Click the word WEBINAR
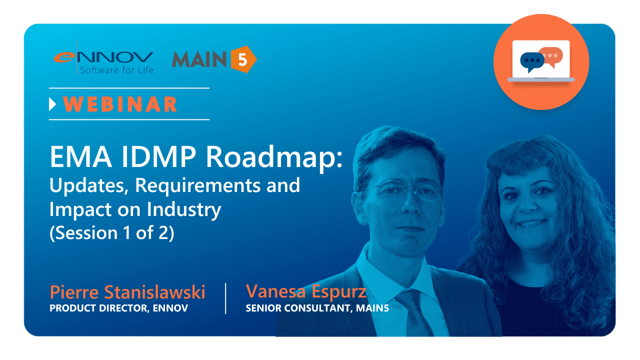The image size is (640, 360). pos(120,104)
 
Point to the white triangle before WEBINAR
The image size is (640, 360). pos(52,104)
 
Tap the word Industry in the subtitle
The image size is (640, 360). pos(184,209)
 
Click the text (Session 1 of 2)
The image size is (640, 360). pos(111,233)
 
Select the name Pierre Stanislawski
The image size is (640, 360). pos(127,292)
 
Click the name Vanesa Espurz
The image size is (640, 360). pos(306,291)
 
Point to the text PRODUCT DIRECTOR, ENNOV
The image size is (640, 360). pos(118,308)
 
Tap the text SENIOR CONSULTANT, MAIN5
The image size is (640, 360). pos(317,308)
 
